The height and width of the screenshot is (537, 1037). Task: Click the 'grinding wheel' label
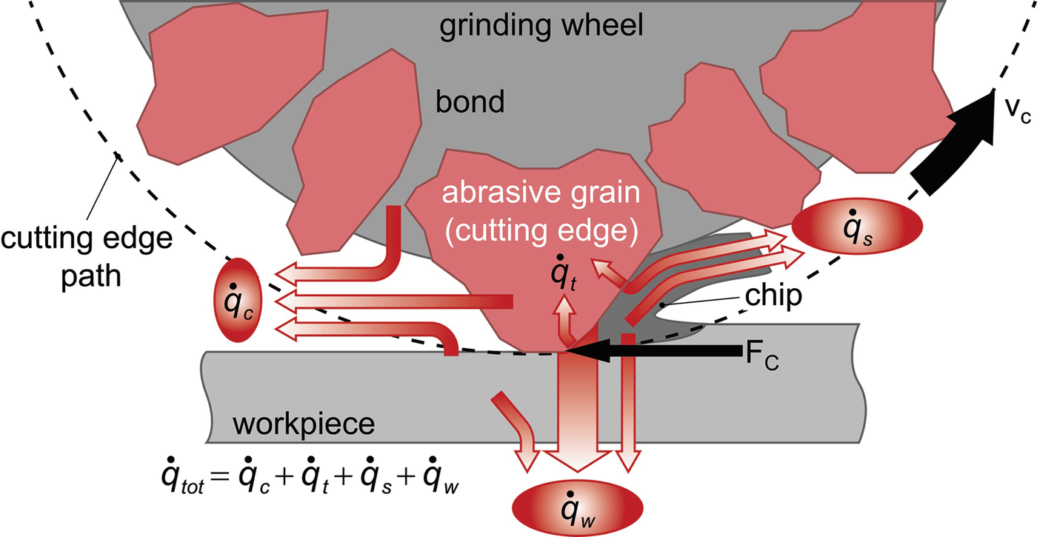click(541, 27)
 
